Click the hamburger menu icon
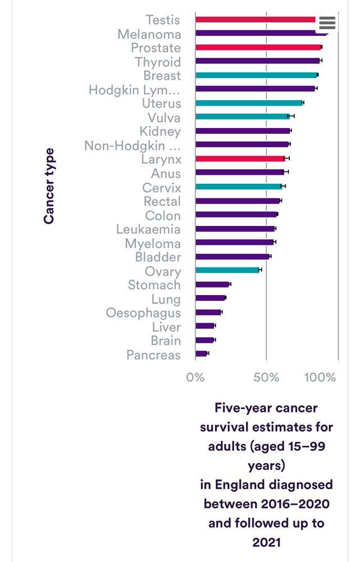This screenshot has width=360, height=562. click(327, 22)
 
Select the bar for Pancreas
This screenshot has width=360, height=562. click(201, 353)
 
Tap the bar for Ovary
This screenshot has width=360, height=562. click(227, 270)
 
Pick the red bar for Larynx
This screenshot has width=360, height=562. click(240, 158)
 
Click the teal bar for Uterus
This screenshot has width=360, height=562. click(248, 103)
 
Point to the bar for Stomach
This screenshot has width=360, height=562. click(212, 284)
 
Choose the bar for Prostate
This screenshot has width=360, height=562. click(258, 47)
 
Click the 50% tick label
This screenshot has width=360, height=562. click(266, 377)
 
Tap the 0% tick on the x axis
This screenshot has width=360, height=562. click(195, 377)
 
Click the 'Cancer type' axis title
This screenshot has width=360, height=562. click(49, 186)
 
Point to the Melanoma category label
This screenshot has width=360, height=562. click(149, 34)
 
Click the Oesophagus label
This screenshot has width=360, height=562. click(143, 313)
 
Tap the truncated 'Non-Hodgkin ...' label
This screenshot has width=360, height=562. click(133, 146)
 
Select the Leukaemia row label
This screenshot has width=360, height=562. click(148, 229)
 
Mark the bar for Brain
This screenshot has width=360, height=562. click(204, 340)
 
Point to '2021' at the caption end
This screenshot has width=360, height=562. click(266, 542)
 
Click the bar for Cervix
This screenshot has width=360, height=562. click(239, 186)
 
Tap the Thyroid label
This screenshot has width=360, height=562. click(158, 62)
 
